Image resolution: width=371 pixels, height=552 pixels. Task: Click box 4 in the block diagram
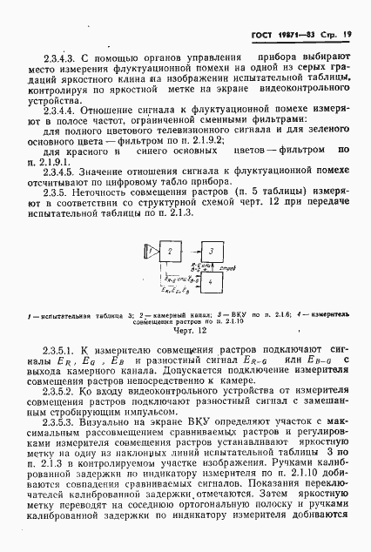pyautogui.click(x=212, y=281)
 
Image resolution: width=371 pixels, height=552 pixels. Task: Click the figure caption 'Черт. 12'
pyautogui.click(x=185, y=331)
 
